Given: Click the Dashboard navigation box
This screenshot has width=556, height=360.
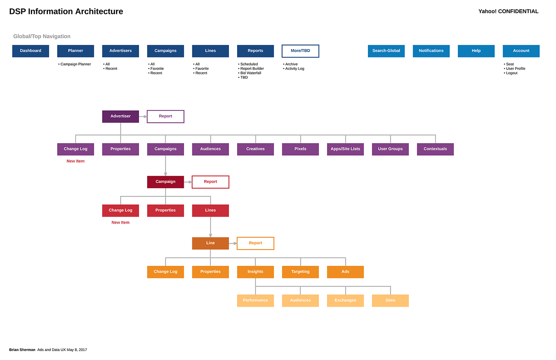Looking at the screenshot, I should (31, 51).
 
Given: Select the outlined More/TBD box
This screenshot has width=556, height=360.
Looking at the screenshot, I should (300, 51).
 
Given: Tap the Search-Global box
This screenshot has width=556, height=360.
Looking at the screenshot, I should (386, 51).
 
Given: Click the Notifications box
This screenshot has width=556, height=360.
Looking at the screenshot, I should (431, 51).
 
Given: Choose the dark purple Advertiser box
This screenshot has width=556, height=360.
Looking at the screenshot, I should (120, 116).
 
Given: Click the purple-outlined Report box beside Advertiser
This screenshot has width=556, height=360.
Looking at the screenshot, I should (165, 116).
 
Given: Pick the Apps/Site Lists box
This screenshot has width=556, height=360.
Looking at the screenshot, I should (345, 149).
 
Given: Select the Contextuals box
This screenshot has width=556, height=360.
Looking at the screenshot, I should (435, 149).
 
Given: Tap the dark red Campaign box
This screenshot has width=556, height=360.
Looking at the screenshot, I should (165, 182).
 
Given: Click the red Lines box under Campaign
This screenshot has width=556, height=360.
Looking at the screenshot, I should (210, 211).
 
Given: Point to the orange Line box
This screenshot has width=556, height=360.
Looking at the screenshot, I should (210, 243).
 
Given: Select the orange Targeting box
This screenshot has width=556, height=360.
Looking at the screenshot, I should (300, 272).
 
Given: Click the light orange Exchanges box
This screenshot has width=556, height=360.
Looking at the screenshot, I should (345, 301).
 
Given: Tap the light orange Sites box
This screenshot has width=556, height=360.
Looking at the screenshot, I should (390, 301).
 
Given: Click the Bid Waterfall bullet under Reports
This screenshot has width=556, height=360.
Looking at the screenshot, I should (251, 73).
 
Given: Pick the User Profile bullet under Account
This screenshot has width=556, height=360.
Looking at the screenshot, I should (515, 69).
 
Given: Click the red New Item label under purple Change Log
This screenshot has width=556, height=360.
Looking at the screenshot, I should (75, 161).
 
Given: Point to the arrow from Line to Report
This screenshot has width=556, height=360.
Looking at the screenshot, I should (233, 243).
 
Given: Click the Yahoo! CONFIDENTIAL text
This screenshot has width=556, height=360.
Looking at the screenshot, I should (508, 11).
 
